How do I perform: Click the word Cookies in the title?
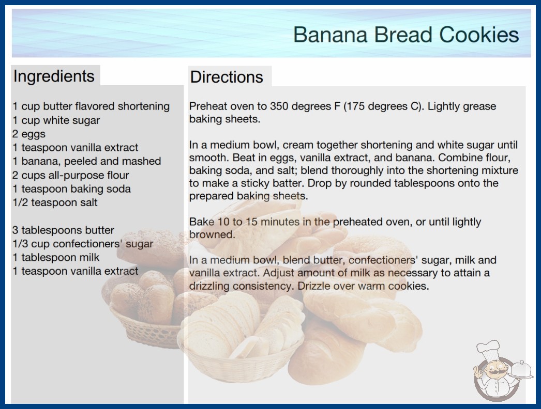click(479, 35)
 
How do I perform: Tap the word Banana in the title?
click(330, 35)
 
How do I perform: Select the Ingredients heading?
click(54, 76)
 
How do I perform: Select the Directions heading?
click(227, 77)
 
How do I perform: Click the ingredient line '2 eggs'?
click(29, 134)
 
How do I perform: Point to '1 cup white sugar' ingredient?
click(56, 120)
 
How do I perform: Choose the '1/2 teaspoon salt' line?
click(55, 202)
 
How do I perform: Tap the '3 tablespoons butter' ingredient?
click(63, 230)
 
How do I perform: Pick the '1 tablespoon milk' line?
click(56, 257)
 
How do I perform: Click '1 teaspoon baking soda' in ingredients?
click(72, 189)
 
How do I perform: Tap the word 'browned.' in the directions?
click(212, 234)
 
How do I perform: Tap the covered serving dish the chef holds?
click(521, 370)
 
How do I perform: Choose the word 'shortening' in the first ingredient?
click(144, 106)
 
